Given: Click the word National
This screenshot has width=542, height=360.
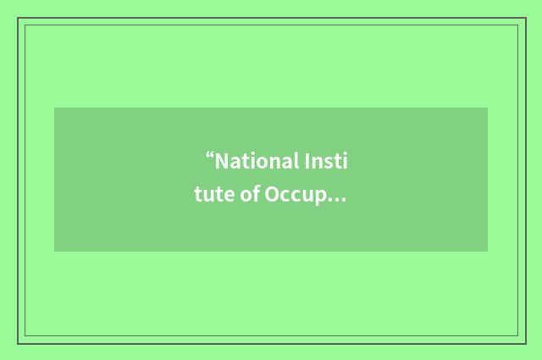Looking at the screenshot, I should (254, 161).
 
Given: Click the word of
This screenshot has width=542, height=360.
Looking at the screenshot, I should (250, 196).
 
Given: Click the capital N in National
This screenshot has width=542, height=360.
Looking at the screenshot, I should (222, 161).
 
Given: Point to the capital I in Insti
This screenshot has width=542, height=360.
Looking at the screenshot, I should (306, 161).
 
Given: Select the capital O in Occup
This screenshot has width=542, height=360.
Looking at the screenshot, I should (273, 196).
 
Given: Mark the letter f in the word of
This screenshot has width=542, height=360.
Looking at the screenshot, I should (256, 196).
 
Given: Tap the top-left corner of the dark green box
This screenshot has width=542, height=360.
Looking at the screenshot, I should (54, 108).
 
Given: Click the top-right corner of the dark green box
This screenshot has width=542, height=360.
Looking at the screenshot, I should (488, 108).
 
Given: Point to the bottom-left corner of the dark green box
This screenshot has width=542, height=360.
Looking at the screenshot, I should (54, 252).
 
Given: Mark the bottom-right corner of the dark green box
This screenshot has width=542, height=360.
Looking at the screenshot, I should (488, 252).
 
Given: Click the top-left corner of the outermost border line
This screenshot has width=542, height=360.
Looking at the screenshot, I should (18, 18).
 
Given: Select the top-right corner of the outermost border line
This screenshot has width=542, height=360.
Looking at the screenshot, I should (524, 18).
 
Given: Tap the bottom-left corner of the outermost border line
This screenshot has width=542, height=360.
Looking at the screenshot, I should (18, 343).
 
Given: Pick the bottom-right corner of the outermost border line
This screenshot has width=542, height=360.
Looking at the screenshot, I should (524, 343).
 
